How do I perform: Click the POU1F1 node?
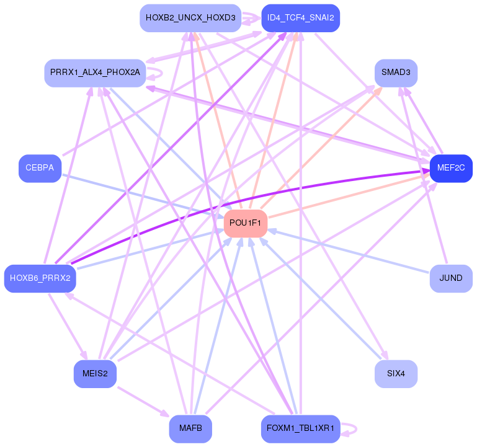[x=245, y=223]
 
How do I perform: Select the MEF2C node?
[x=451, y=168]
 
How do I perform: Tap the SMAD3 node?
[x=396, y=73]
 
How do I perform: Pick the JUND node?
[x=451, y=278]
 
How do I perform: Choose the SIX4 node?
[x=396, y=374]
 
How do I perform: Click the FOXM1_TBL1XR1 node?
[x=300, y=428]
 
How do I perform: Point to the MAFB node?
[x=190, y=428]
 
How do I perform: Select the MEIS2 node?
[x=95, y=374]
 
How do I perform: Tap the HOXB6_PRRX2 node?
[x=40, y=278]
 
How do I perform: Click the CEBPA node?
[x=40, y=168]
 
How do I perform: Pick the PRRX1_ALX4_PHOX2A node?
[x=95, y=73]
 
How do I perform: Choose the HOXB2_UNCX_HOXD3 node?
[x=190, y=18]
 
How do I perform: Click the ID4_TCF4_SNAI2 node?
[x=300, y=18]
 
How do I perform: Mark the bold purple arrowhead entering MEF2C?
[x=424, y=172]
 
